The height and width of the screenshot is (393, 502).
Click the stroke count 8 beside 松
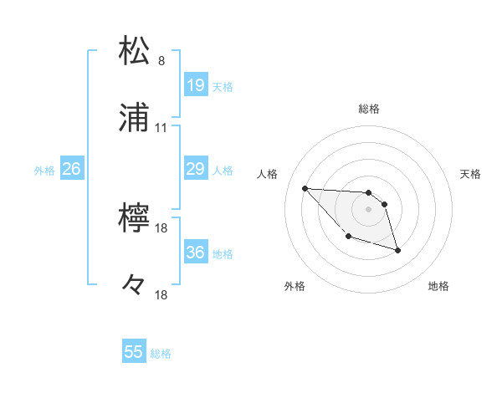pos(161,61)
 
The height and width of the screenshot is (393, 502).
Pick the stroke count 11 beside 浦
pos(161,128)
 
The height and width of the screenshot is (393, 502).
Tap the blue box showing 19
pos(195,85)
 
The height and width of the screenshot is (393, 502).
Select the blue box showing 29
pos(195,169)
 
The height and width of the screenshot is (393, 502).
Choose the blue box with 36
pos(195,253)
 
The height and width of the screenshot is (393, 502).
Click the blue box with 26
pos(71,169)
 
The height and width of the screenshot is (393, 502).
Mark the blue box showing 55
pos(134,352)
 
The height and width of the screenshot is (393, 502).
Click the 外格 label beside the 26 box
pos(44,171)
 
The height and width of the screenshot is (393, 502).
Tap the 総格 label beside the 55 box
pos(161,354)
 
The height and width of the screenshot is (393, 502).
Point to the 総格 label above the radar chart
pos(369,109)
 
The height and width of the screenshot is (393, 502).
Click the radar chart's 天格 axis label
pos(471,174)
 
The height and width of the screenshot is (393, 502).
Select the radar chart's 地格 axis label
pos(438,287)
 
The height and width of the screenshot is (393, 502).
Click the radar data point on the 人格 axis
pos(305,188)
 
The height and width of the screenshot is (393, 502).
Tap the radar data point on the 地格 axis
pos(397,249)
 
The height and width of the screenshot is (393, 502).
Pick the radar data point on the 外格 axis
pos(348,237)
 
